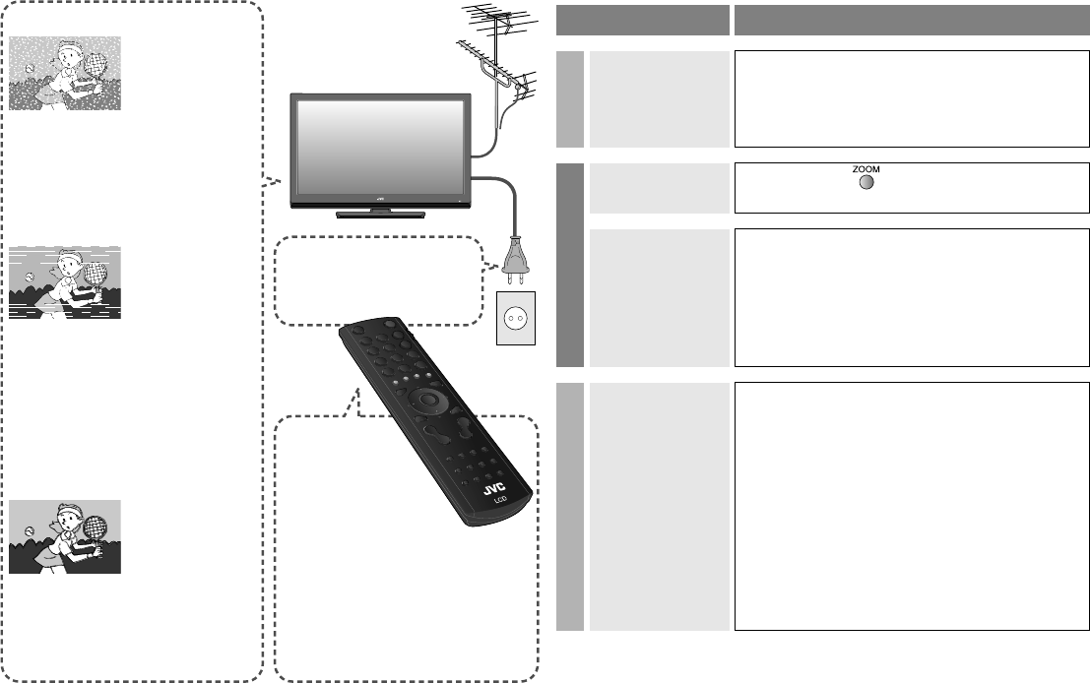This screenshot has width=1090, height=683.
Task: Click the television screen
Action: pos(379,149)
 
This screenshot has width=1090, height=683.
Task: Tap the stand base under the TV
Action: pos(379,213)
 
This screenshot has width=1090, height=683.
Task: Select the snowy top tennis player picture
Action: pos(65,74)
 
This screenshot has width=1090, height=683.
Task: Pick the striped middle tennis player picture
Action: pos(65,283)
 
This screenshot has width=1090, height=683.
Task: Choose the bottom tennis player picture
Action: pos(65,536)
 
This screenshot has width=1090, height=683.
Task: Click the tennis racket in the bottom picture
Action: pos(94,527)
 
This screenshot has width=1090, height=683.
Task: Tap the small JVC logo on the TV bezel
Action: pos(379,198)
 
